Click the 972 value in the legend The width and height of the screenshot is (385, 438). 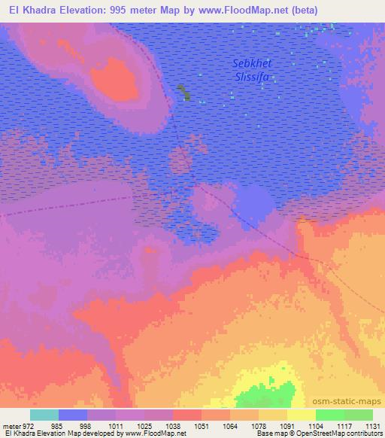[x=27, y=425]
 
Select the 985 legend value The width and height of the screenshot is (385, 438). [x=58, y=425]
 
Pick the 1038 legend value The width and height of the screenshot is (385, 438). [x=172, y=425]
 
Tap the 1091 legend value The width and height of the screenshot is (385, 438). [x=286, y=425]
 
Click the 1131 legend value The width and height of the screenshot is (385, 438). [x=371, y=425]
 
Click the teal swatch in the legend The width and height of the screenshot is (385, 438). [x=44, y=415]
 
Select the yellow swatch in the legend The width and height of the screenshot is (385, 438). [x=301, y=415]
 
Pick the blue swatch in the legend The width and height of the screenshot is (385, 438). [x=73, y=415]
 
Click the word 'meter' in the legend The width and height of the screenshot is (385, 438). [x=11, y=425]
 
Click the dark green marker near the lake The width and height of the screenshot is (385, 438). [x=183, y=93]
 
